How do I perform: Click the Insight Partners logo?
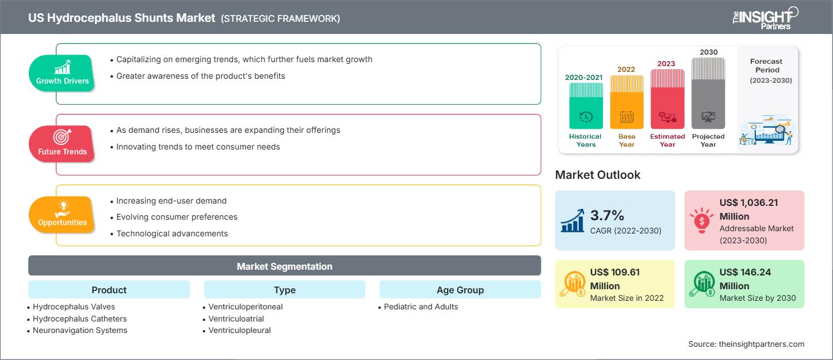tap(765, 18)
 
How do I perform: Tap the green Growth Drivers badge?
tap(62, 73)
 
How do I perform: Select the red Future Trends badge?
tap(62, 144)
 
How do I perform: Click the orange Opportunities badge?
tap(62, 215)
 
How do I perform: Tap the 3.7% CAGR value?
tap(607, 215)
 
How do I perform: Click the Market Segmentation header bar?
tap(285, 266)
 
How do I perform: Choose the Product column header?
tap(109, 290)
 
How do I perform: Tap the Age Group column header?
tap(460, 290)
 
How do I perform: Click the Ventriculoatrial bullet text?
tap(236, 319)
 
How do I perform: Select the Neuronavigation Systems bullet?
tap(80, 330)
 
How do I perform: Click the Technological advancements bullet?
tap(172, 233)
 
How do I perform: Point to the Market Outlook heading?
tap(598, 175)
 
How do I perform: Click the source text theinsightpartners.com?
tap(761, 344)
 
